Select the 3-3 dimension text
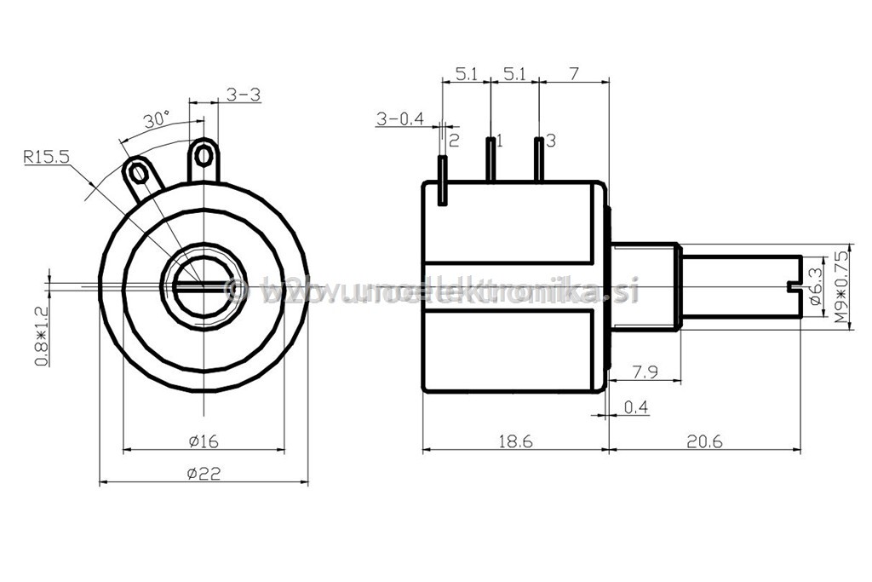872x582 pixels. click(x=243, y=95)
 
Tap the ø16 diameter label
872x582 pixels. click(x=204, y=441)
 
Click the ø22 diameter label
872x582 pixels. click(x=204, y=474)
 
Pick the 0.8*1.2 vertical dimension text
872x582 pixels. click(x=41, y=337)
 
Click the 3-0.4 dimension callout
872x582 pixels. click(x=399, y=119)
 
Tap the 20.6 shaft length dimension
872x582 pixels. click(x=704, y=441)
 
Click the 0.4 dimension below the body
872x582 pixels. click(x=635, y=407)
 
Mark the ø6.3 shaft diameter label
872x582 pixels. click(x=815, y=286)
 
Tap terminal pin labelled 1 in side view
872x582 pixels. click(x=491, y=158)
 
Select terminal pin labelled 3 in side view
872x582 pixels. click(x=538, y=158)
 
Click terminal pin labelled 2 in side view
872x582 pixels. click(x=443, y=180)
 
